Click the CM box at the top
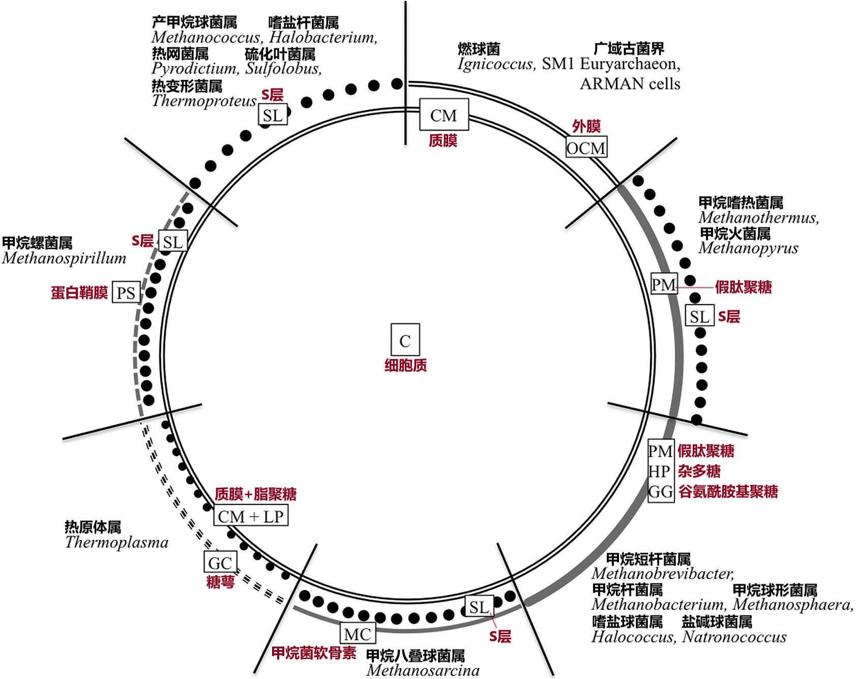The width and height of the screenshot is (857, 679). click(444, 115)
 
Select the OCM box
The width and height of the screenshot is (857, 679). click(586, 148)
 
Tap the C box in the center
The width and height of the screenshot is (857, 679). click(405, 340)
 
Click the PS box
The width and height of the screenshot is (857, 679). click(126, 292)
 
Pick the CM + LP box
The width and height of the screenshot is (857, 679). click(251, 516)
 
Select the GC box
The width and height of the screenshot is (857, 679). click(220, 563)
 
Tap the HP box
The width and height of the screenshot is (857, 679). click(660, 471)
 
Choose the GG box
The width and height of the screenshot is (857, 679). click(661, 492)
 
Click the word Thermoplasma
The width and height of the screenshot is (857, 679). click(116, 543)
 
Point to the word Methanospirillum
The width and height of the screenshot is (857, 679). click(64, 258)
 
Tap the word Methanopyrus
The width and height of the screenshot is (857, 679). click(748, 248)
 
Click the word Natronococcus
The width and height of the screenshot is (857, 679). click(734, 637)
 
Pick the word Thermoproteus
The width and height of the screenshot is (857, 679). click(204, 101)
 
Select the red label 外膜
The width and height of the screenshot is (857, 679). click(586, 126)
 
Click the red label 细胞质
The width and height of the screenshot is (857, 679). click(405, 365)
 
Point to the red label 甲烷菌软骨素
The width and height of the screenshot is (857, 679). click(314, 653)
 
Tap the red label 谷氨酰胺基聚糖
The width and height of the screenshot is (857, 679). click(728, 492)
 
